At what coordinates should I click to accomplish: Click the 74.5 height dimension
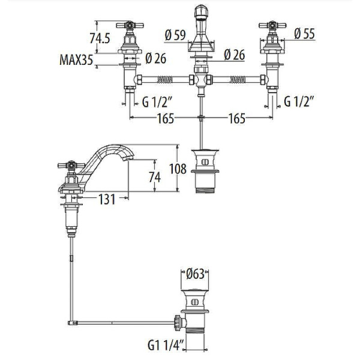point(100,38)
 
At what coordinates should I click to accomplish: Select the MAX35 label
point(76,60)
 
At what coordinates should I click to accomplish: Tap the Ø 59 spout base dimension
point(175,35)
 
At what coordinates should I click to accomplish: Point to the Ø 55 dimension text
point(304,34)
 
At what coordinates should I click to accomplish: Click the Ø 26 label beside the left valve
point(155,59)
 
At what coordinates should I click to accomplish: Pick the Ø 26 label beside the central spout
point(235,55)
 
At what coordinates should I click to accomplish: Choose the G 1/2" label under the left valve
point(157,102)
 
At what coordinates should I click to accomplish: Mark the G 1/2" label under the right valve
point(299,101)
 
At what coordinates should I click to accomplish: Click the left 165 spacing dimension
point(166,118)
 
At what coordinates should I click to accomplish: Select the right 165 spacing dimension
point(237,118)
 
